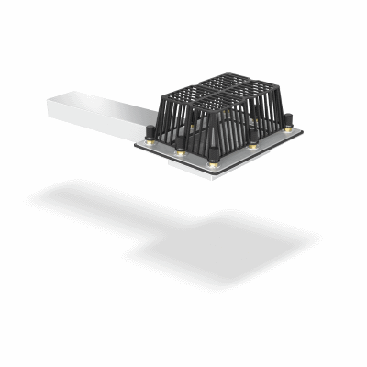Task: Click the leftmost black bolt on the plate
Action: coord(149,133)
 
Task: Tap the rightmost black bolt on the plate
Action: coord(287,121)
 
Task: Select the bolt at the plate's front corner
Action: coord(215,155)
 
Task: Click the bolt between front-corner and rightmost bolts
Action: coord(253,138)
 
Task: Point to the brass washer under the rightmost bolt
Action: coord(287,128)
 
